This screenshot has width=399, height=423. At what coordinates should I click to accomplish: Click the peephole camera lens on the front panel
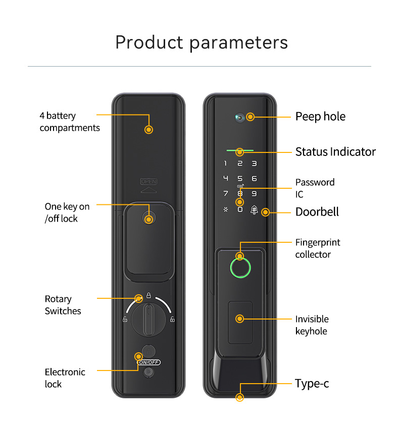(240, 118)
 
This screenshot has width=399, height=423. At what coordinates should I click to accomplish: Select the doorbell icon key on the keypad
(254, 209)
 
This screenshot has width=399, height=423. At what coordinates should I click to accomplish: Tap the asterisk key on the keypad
(226, 209)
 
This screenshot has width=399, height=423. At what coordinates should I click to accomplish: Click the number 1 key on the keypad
(225, 163)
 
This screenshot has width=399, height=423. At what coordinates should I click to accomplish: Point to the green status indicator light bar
(240, 150)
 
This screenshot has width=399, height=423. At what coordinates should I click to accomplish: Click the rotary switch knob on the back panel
(148, 320)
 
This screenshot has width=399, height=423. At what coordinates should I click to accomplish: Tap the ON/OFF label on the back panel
(149, 362)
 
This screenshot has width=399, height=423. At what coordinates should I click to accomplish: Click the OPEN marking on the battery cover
(149, 182)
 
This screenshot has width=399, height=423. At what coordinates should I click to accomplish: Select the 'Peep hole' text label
(320, 117)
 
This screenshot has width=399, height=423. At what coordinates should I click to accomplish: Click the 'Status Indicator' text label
(335, 152)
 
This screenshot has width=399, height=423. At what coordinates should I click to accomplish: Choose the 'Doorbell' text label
(317, 212)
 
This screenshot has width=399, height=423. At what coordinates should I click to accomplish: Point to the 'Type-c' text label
(312, 384)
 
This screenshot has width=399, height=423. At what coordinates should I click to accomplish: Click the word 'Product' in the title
(149, 42)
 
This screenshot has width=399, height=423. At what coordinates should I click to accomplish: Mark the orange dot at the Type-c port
(240, 397)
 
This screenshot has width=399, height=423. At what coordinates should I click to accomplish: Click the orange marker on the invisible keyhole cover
(239, 319)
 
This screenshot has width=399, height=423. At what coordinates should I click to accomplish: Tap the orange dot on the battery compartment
(148, 130)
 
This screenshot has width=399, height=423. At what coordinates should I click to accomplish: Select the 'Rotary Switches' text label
(63, 305)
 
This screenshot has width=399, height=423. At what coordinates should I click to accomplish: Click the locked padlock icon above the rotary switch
(148, 295)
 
